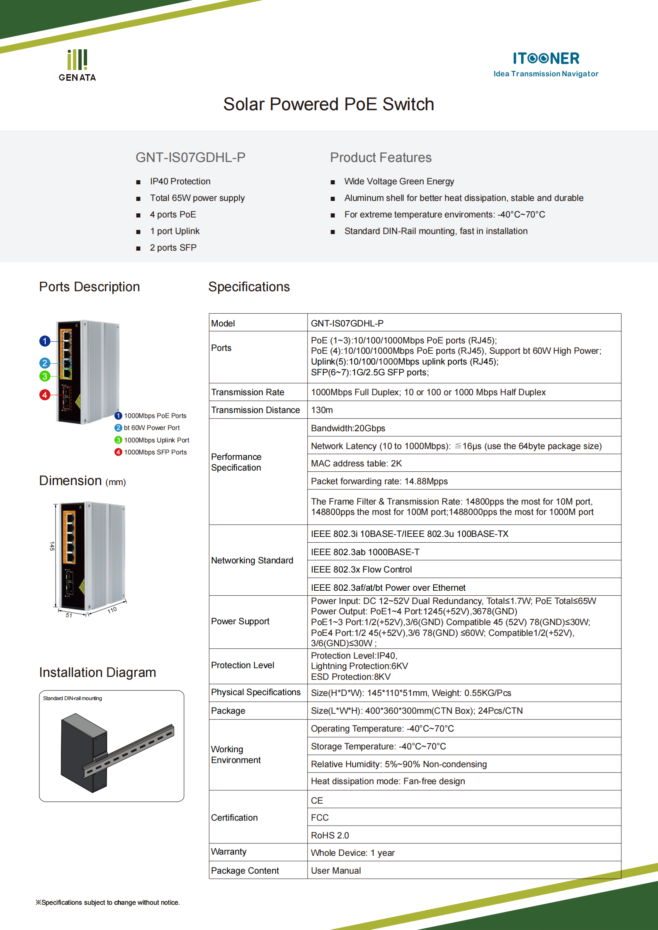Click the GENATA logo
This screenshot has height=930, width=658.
(x=77, y=65)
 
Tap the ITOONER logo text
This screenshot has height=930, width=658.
(x=546, y=58)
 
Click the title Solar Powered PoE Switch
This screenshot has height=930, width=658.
(x=328, y=104)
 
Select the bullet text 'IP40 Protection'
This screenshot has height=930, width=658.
(x=180, y=181)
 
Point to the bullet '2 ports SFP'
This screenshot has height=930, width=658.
(x=173, y=248)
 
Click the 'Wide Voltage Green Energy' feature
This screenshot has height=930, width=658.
(x=399, y=181)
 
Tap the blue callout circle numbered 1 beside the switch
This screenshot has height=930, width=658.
(x=45, y=341)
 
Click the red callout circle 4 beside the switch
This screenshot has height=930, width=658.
(x=45, y=395)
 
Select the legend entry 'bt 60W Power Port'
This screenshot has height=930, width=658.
(x=151, y=428)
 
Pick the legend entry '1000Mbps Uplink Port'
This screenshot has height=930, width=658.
(x=156, y=440)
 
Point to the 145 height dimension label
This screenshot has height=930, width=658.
(x=52, y=546)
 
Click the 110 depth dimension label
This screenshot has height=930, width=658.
(x=112, y=610)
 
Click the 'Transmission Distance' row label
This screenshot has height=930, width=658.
(x=255, y=410)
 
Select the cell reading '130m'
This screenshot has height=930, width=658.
(x=322, y=410)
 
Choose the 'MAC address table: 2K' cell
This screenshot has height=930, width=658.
(x=356, y=464)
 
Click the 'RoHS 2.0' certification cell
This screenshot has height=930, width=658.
(x=330, y=836)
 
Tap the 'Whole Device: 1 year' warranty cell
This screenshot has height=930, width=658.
(x=352, y=853)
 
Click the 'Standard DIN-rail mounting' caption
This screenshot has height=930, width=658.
(x=73, y=698)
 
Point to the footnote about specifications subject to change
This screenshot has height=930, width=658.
(x=108, y=903)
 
